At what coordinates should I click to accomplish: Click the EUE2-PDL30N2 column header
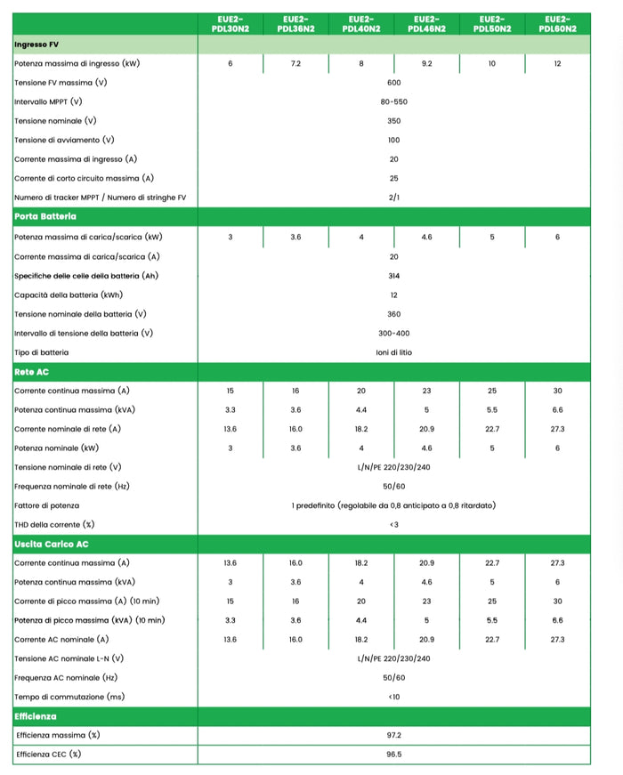[x=230, y=24]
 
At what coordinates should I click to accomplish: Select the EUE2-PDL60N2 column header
[x=557, y=24]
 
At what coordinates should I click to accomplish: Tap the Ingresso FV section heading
[x=37, y=44]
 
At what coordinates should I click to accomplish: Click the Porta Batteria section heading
[x=45, y=216]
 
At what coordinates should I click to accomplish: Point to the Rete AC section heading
[x=32, y=371]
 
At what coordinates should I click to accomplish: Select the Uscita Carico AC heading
[x=52, y=544]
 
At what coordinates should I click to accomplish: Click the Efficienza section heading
[x=36, y=715]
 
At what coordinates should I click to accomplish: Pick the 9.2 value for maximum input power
[x=426, y=64]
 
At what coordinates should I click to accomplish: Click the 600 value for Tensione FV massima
[x=393, y=83]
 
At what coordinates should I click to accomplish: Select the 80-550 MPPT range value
[x=393, y=101]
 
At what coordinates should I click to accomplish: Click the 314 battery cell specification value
[x=393, y=276]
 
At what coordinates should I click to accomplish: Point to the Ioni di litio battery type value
[x=393, y=352]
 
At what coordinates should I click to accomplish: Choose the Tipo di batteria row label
[x=41, y=352]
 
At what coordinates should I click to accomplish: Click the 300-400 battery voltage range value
[x=393, y=334]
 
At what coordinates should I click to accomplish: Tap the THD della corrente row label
[x=54, y=524]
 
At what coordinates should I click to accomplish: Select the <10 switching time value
[x=393, y=697]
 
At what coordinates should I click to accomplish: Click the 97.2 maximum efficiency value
[x=393, y=735]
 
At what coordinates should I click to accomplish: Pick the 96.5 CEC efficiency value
[x=393, y=755]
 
